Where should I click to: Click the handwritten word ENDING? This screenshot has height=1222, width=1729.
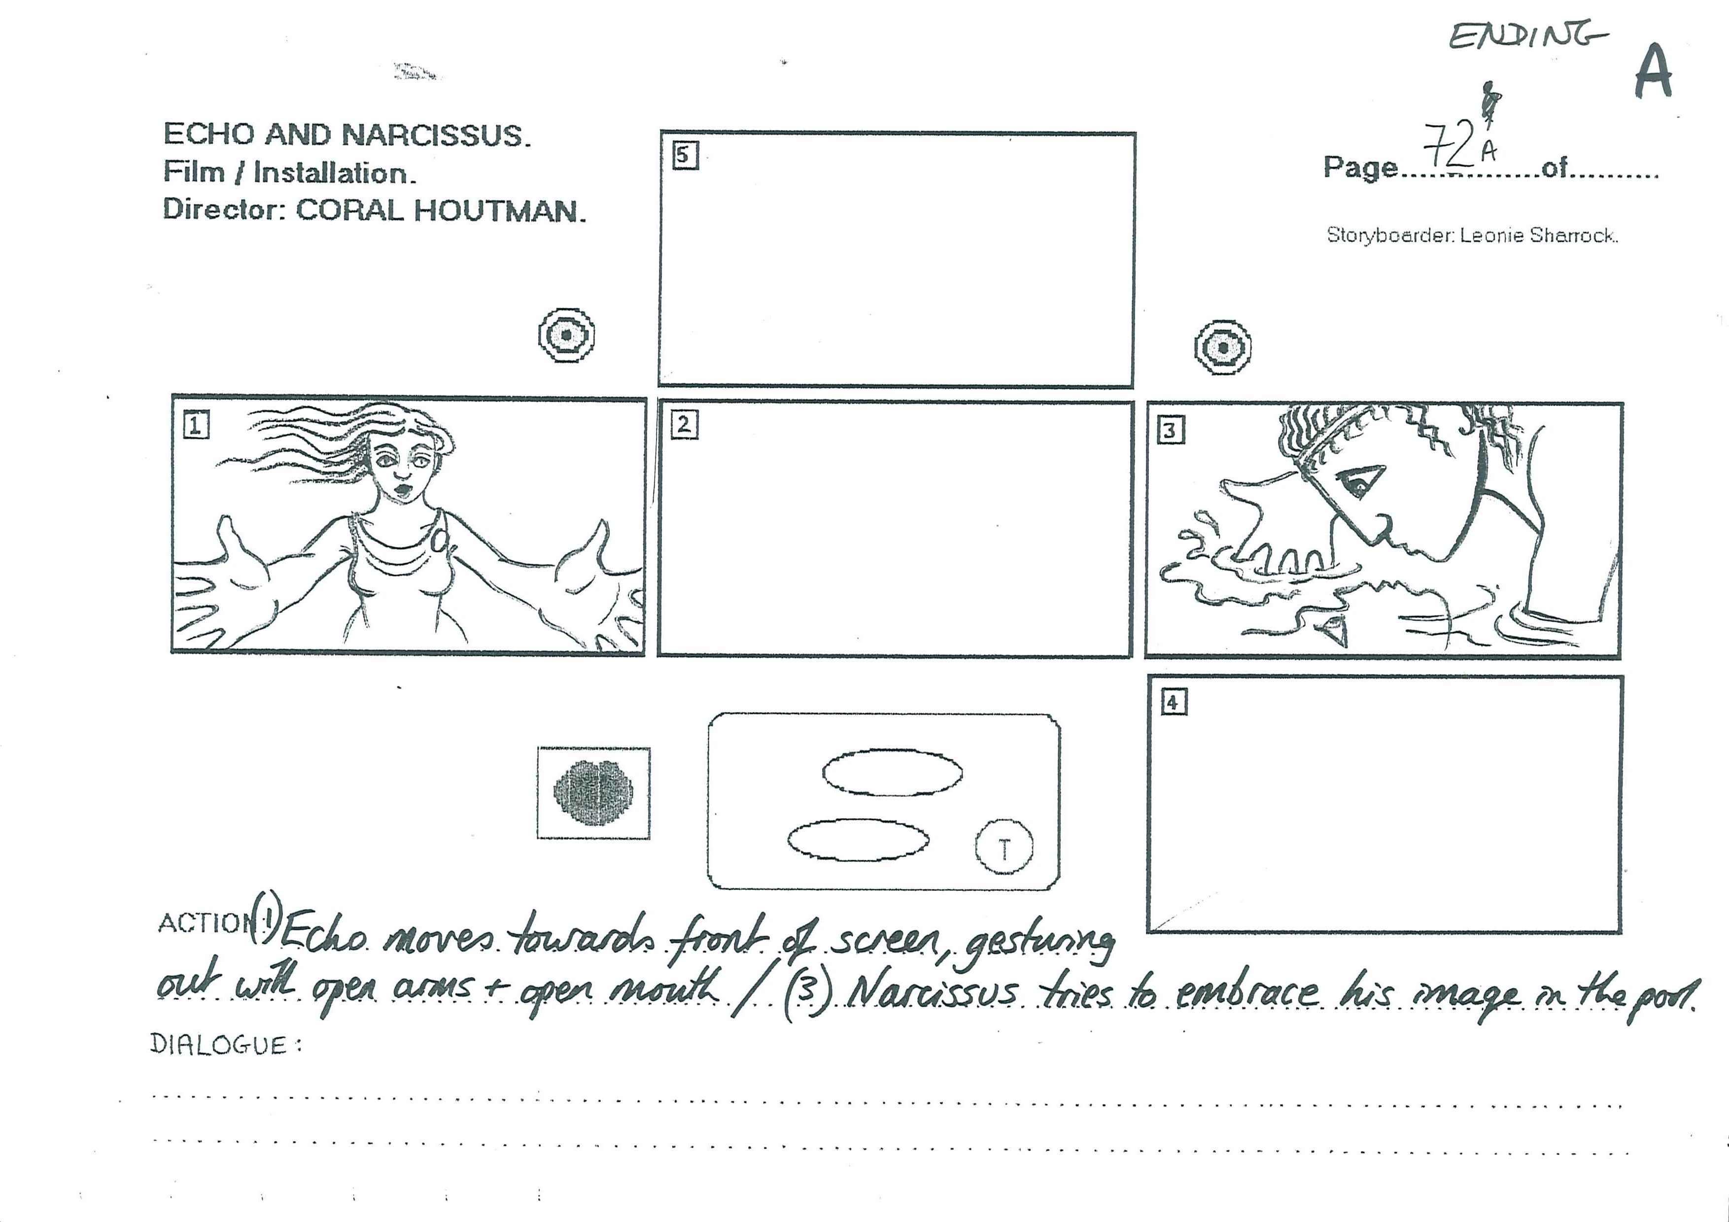1528,36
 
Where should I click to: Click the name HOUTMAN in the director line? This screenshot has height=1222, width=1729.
499,211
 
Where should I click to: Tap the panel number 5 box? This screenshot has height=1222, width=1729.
685,156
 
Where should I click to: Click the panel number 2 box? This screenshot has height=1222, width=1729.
684,425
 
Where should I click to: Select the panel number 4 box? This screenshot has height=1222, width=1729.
1173,703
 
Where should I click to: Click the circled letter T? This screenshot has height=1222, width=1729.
1004,847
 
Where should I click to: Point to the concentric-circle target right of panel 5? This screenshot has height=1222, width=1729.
1223,348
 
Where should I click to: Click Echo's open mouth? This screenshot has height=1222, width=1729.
404,491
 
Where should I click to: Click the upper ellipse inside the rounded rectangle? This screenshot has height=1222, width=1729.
893,772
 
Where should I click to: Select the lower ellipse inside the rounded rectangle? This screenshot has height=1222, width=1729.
858,840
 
